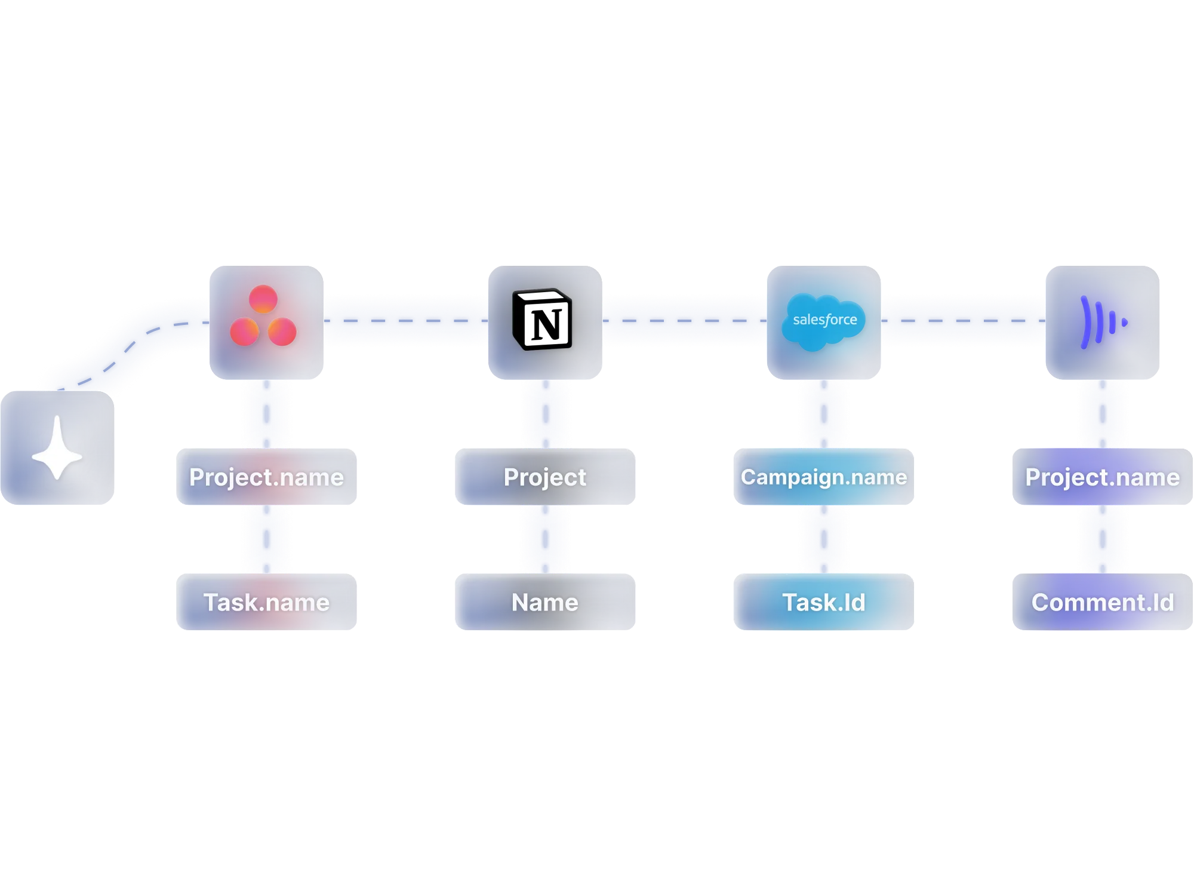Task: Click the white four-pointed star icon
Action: [x=57, y=448]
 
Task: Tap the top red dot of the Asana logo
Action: [x=263, y=299]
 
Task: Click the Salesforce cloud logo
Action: [x=824, y=321]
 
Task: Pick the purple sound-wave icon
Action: [x=1102, y=323]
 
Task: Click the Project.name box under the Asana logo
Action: [x=266, y=477]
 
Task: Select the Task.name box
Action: [x=266, y=602]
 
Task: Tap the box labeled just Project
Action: [x=545, y=477]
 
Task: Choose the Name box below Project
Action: [x=545, y=602]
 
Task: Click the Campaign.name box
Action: [x=824, y=477]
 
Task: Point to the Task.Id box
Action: [x=824, y=602]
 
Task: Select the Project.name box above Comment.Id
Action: [x=1102, y=477]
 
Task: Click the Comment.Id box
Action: [x=1102, y=602]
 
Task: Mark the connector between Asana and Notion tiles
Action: [x=406, y=321]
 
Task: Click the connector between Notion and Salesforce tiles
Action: [x=684, y=321]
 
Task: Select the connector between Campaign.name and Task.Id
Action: [x=824, y=539]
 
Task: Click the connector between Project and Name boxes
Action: [x=545, y=539]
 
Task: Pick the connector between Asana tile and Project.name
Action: [x=266, y=413]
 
